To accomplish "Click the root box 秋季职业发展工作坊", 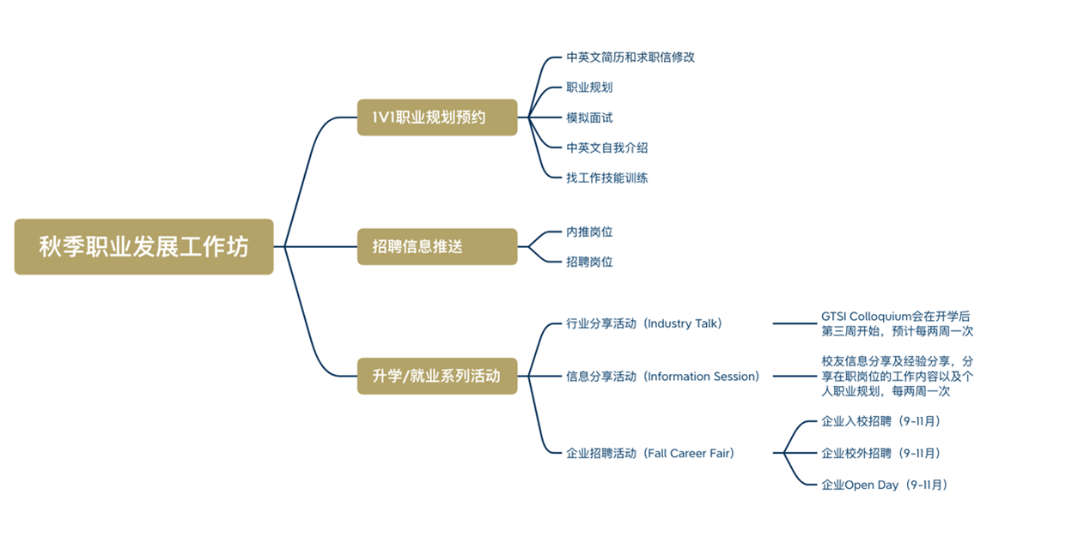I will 143,247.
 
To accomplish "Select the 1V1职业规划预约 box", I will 437,118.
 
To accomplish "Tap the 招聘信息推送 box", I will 437,247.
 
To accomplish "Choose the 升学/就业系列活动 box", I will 437,376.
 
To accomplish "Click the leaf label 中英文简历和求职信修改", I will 630,57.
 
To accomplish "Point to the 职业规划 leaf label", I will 589,87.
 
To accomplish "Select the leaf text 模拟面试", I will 589,118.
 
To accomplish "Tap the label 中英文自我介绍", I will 607,148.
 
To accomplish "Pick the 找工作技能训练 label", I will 607,178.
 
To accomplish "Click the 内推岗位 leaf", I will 589,232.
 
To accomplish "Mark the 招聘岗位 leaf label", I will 589,262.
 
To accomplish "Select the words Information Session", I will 702,376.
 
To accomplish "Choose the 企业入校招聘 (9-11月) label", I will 880,421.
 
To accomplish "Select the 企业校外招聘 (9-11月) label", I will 880,453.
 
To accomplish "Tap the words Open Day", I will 872,485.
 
